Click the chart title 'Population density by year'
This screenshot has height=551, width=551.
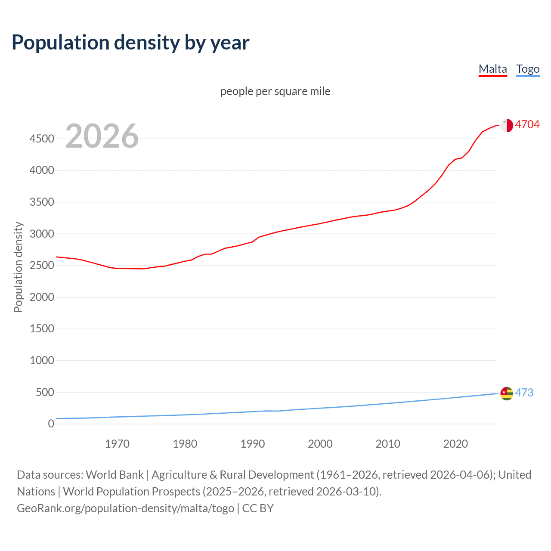(x=130, y=43)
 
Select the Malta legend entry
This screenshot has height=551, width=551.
(x=492, y=69)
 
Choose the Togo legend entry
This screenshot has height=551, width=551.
(x=528, y=69)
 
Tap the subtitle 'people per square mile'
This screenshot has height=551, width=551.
(x=275, y=91)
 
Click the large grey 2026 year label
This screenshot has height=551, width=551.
(x=102, y=136)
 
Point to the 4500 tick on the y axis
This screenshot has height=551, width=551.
(x=42, y=139)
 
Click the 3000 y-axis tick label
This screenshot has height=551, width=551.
(x=42, y=234)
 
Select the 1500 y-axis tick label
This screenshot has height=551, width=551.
(x=42, y=329)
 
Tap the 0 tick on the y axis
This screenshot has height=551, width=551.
(x=51, y=424)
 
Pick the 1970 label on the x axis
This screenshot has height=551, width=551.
(x=117, y=444)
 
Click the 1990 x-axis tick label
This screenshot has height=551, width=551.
(x=253, y=444)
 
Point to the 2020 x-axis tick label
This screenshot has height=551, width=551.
(x=455, y=444)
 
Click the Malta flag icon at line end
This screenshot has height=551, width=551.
(x=507, y=125)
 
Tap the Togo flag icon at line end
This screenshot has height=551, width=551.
(x=507, y=393)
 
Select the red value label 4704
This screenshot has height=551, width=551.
(x=527, y=124)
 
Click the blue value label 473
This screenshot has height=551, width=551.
(x=524, y=393)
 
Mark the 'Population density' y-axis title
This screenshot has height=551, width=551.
(x=18, y=267)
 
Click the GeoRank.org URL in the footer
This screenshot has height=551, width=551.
(x=125, y=508)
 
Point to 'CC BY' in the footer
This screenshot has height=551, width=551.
(x=258, y=508)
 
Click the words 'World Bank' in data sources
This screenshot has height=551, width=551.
(x=115, y=475)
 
